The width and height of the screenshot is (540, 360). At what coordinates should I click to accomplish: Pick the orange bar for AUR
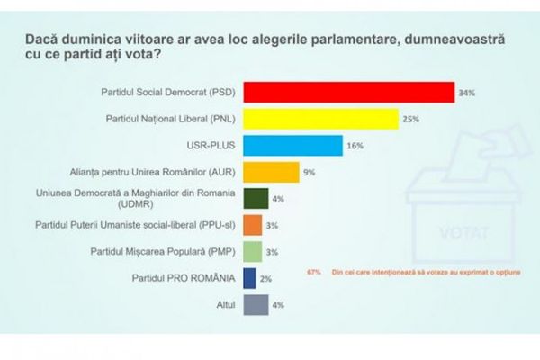coord(272,172)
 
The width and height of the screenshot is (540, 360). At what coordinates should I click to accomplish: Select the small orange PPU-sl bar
coord(253,225)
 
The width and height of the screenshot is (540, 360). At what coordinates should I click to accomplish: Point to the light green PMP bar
coord(253,251)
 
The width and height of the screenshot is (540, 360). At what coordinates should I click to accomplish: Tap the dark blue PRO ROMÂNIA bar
coord(250,278)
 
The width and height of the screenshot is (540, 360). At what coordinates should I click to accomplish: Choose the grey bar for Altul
coord(256,304)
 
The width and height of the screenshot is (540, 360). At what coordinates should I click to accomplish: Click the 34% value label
coord(466,93)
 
